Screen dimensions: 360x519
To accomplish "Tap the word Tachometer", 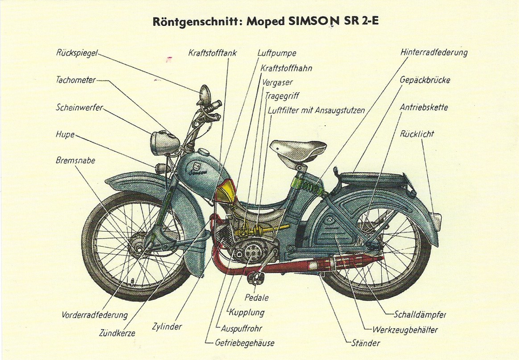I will (76, 80).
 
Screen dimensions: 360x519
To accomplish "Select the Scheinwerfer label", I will (79, 107).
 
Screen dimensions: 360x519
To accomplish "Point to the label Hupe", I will (65, 134).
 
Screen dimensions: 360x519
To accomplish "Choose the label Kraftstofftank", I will (212, 53).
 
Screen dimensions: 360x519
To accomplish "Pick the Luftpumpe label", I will (277, 53).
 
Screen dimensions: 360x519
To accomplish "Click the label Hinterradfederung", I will (434, 52).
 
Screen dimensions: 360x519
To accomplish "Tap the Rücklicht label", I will (417, 133).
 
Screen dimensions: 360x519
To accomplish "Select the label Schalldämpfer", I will (420, 315).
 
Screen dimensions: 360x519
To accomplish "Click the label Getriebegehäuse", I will (245, 342).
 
